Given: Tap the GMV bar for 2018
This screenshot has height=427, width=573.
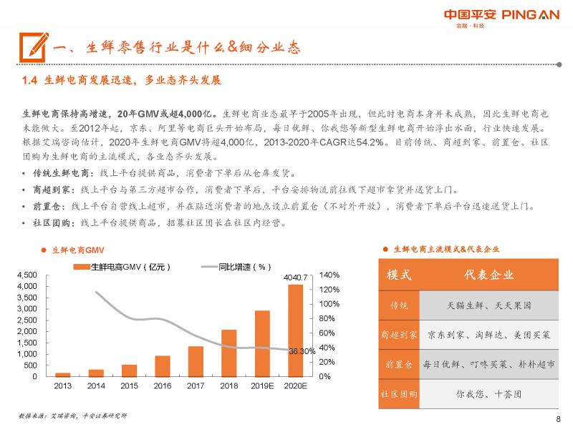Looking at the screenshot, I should tap(228, 353).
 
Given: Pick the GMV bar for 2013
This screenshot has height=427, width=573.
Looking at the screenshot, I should tap(63, 374).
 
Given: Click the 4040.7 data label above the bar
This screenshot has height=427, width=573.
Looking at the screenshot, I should tap(295, 277).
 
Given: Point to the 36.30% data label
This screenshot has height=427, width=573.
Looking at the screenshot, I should tap(302, 351).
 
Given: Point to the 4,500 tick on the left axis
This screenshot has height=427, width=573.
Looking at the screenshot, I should tap(27, 275).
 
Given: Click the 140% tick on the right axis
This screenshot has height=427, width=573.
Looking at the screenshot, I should tap(329, 275).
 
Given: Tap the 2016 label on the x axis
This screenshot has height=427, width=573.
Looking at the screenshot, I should tap(163, 386).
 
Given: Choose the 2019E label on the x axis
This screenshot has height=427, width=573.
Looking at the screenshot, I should tap(261, 386).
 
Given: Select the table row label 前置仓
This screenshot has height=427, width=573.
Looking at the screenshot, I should tap(399, 364).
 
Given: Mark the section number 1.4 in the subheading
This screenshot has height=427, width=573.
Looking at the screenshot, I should tap(29, 81).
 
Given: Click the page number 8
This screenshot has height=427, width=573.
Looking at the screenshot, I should tap(558, 419).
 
